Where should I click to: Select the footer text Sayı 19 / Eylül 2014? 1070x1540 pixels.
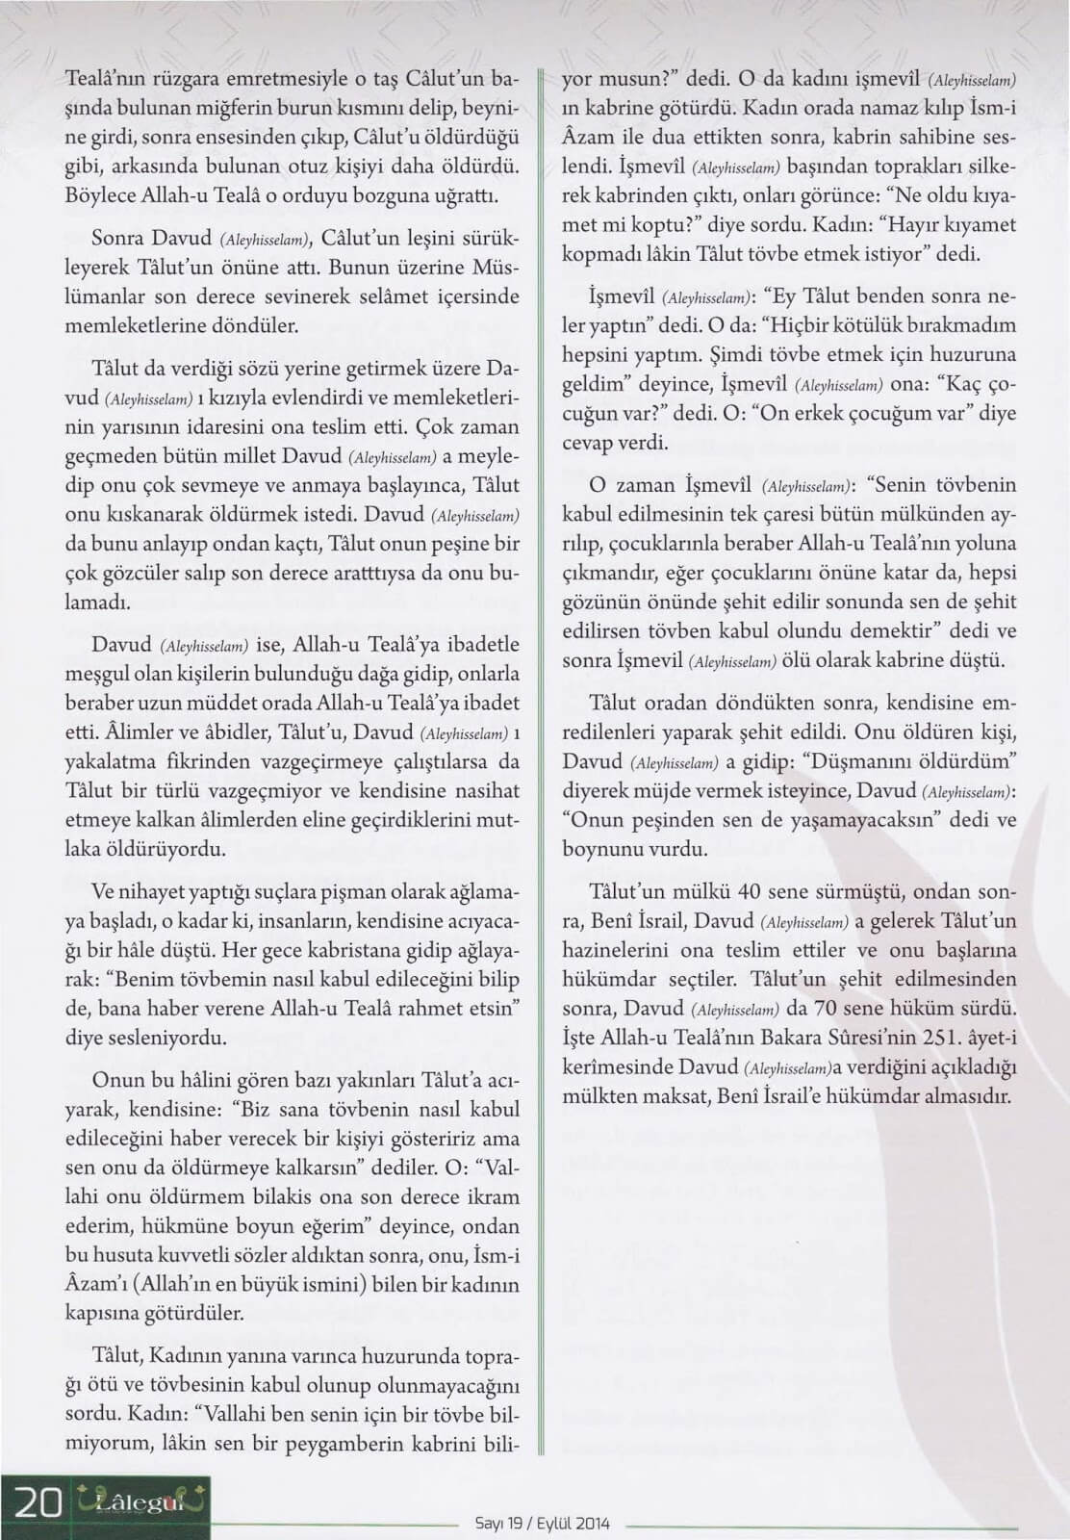pos(543,1525)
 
